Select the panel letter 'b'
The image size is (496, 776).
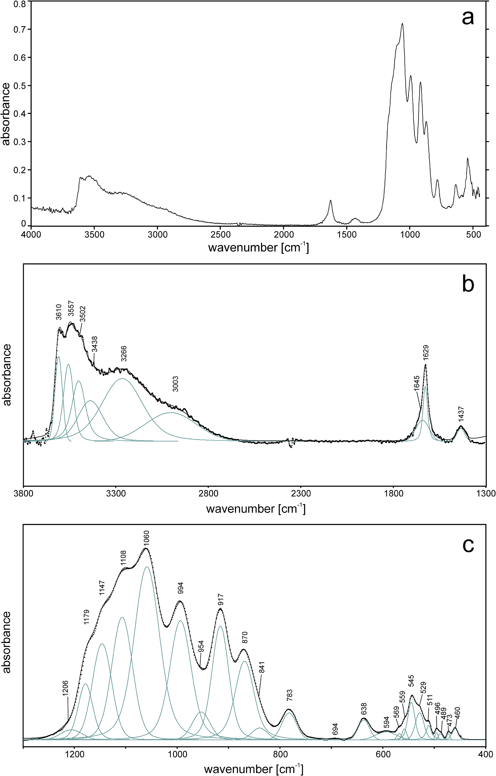pos(468,284)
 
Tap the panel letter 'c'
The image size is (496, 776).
pos(468,544)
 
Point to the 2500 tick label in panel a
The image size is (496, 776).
pos(221,234)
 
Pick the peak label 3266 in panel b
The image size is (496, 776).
pos(124,354)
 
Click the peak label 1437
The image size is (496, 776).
pos(461,414)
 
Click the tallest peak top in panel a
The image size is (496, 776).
pos(402,24)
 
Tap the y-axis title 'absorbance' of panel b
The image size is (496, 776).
pos(7,375)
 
